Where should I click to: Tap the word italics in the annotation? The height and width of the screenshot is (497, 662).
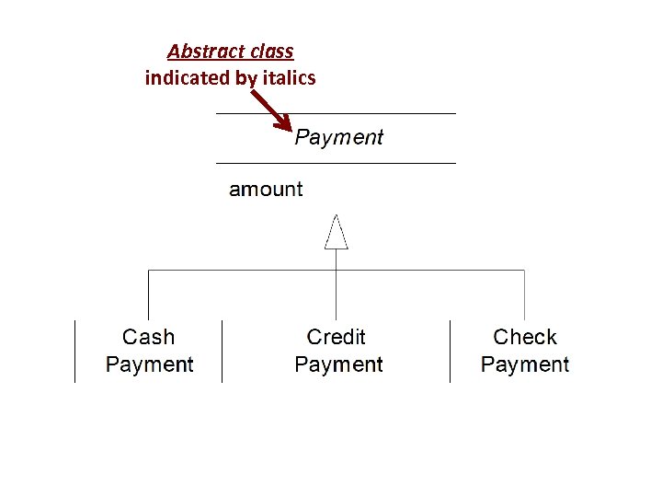point(289,78)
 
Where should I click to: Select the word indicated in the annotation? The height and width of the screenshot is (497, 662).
point(187,78)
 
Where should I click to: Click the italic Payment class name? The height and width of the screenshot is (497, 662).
point(338,138)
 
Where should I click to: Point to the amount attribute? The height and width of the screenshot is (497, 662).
point(265,190)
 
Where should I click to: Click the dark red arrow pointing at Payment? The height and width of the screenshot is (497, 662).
point(272,110)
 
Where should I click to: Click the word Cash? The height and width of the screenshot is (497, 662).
point(148,338)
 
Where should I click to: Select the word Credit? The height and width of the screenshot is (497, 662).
point(337,338)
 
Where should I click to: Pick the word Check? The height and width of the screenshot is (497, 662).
point(525,338)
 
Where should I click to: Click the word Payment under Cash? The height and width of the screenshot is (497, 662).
point(149,364)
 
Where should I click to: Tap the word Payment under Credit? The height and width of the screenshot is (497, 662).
point(338,364)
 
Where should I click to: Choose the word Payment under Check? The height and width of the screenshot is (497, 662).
point(525,364)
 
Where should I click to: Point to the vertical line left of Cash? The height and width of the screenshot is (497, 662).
point(75,351)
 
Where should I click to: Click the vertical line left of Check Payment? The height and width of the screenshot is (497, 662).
point(450,351)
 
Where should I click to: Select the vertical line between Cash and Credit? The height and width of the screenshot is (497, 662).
point(222,351)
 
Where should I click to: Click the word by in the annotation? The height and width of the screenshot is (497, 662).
point(245,78)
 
